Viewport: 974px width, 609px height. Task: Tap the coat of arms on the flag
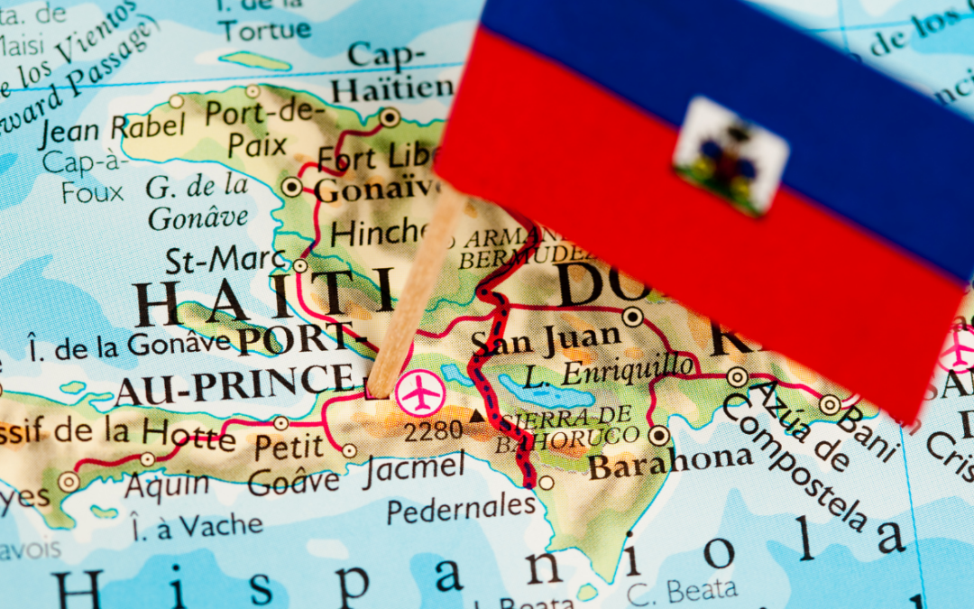pos(730,155)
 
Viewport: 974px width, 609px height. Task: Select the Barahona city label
pos(669,465)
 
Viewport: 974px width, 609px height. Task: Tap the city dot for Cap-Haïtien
pos(390,117)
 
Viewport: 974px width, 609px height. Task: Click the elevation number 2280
pos(433,431)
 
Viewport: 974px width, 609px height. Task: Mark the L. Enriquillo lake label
pos(610,371)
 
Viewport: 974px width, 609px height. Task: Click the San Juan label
pos(547,340)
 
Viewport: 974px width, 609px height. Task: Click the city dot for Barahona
pos(659,436)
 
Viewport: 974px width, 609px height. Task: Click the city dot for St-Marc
pos(300,265)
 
